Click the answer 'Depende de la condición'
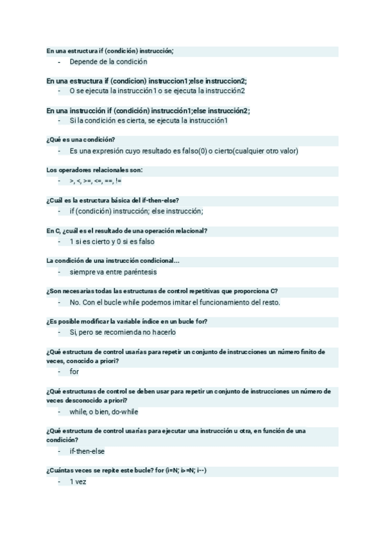108,62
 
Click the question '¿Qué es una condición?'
81,140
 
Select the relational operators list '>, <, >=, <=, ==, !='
96,181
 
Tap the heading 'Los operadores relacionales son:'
94,170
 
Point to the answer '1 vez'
78,481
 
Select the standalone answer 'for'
74,371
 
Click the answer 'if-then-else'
87,451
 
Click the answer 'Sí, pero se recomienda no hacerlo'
123,332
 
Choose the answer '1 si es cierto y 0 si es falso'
112,242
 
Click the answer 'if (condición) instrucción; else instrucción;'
136,211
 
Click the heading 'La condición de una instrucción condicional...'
113,261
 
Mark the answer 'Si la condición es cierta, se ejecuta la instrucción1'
149,121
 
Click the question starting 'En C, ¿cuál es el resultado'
131,231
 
